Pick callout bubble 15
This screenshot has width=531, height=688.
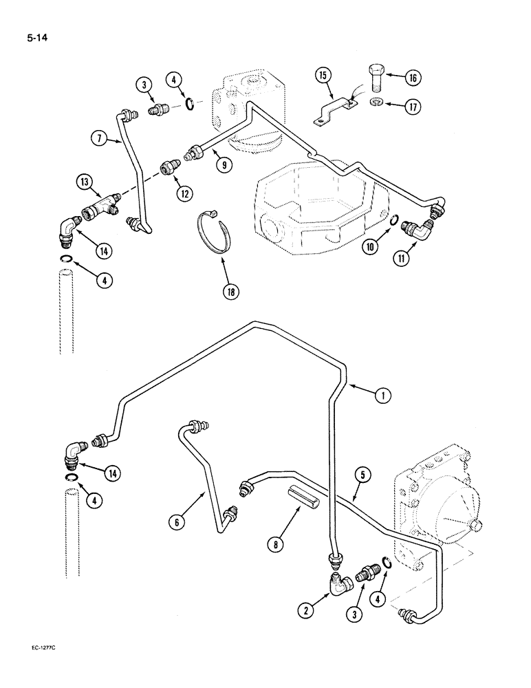tap(324, 74)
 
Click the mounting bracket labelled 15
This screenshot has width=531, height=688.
tap(333, 112)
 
